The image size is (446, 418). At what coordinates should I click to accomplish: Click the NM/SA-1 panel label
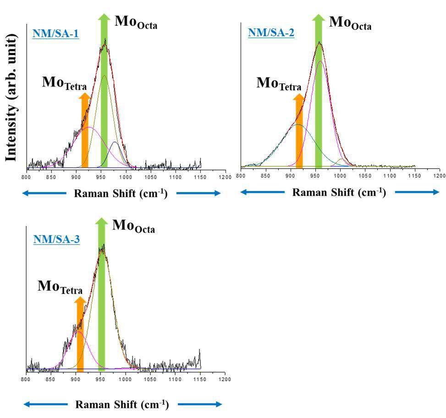pos(55,33)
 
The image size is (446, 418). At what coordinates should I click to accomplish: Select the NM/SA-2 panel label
pos(271,33)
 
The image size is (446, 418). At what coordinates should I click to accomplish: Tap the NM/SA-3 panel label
pos(56,239)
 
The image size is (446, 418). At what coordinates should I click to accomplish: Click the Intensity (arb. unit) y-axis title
pos(11,98)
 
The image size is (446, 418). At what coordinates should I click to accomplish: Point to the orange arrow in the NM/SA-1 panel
pos(85,130)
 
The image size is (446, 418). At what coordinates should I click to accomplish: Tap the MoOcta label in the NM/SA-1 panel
pos(136,22)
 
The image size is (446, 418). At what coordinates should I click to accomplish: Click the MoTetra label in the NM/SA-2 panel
pos(279,83)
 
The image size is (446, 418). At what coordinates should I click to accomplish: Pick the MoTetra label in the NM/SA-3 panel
pos(60,287)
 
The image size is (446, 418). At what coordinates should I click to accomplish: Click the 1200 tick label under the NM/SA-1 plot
pos(225,177)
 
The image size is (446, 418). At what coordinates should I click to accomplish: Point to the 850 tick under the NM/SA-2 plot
pos(265,176)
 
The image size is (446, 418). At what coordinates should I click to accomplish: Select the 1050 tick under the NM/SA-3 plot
pos(150,379)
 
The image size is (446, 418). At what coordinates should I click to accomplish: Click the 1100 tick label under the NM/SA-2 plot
pos(390,176)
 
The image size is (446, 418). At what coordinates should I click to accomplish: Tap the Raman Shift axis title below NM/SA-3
pos(122,404)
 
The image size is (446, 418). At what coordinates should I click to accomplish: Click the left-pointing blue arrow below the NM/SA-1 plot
pos(44,193)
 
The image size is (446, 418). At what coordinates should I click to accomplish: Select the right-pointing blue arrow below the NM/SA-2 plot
pos(417,192)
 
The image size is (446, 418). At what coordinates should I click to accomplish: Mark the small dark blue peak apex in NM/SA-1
pos(115,142)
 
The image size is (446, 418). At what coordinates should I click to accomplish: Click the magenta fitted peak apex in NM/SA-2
pos(320,60)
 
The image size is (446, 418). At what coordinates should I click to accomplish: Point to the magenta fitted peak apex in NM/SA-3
pos(78,331)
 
